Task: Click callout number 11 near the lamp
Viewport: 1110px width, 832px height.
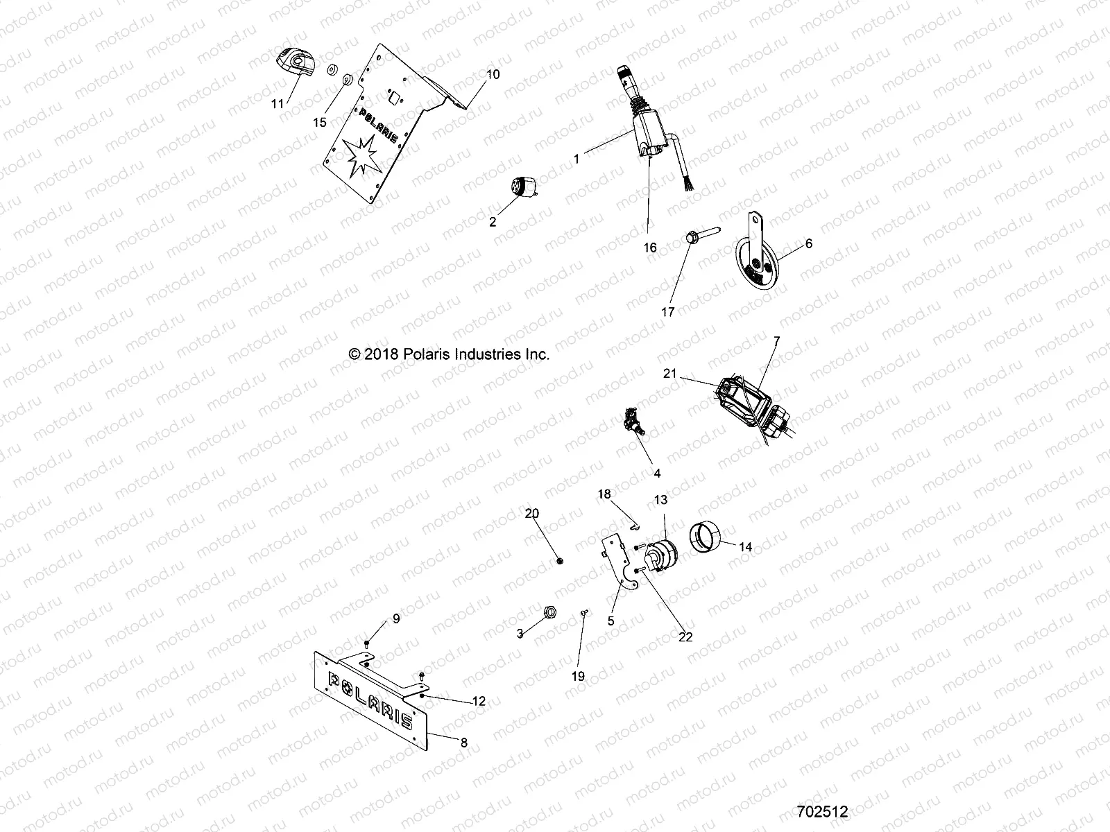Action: [277, 104]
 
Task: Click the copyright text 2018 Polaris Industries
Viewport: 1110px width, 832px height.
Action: [450, 354]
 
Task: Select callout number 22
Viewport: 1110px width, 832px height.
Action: [685, 637]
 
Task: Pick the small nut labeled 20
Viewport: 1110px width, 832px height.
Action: [560, 560]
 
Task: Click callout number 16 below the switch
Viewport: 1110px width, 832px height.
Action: [650, 248]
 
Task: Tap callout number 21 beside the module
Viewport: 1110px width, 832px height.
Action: [669, 373]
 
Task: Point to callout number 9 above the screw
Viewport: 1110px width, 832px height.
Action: [397, 619]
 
